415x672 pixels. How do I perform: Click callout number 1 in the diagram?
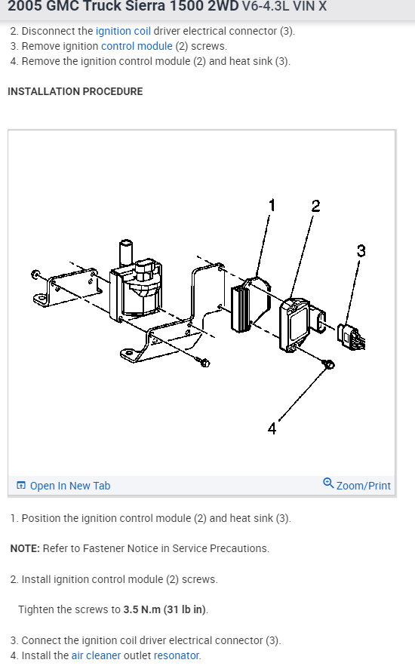click(x=272, y=205)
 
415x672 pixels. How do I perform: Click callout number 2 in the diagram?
click(x=315, y=206)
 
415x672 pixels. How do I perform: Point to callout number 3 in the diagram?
click(x=361, y=250)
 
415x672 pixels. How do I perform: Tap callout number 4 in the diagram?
click(x=272, y=428)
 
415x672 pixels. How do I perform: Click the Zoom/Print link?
click(x=364, y=486)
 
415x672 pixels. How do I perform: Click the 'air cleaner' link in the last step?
click(x=96, y=655)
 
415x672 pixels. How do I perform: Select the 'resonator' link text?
click(x=177, y=655)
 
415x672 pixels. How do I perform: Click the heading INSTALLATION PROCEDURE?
click(x=75, y=91)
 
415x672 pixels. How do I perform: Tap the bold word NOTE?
click(x=24, y=548)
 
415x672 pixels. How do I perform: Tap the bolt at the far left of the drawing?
click(x=36, y=274)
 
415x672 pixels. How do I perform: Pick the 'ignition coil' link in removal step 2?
click(x=123, y=31)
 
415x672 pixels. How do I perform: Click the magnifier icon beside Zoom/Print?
click(x=328, y=483)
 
